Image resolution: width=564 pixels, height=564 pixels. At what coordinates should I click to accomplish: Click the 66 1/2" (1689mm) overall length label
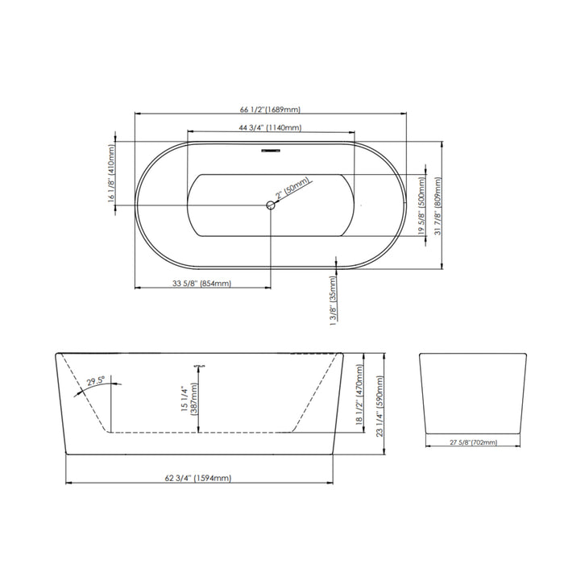(x=270, y=110)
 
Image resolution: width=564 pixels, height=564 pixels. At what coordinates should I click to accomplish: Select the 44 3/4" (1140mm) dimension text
(x=270, y=127)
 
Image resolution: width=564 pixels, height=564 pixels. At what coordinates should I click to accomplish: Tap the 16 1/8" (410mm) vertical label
(x=111, y=173)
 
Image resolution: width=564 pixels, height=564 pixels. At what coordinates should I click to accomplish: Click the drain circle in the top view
(x=271, y=205)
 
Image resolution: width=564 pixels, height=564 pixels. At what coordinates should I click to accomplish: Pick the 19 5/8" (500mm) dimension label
(x=422, y=206)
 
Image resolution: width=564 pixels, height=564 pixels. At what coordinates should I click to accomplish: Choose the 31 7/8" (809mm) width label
(x=438, y=206)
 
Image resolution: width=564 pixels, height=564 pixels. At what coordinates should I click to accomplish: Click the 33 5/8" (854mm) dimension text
(x=201, y=284)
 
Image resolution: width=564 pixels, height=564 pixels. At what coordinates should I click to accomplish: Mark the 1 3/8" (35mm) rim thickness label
(x=333, y=301)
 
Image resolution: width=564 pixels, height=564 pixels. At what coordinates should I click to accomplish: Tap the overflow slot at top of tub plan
(x=271, y=151)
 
